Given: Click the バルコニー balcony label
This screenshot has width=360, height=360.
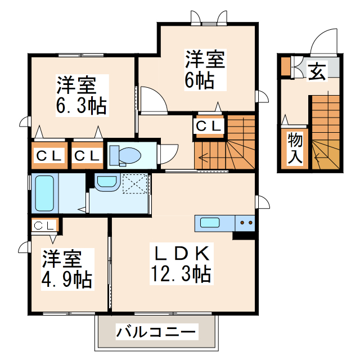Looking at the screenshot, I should pos(157,332).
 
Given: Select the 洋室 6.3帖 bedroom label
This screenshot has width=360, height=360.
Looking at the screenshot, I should pos(82,96).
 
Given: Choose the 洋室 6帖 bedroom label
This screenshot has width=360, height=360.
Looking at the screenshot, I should pos(205,70).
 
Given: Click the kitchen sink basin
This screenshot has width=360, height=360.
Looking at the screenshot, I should pos(210,222).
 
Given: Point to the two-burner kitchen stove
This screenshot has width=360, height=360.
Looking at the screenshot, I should pos(246,223).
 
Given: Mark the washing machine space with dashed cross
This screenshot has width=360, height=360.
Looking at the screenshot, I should pos(135,183).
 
